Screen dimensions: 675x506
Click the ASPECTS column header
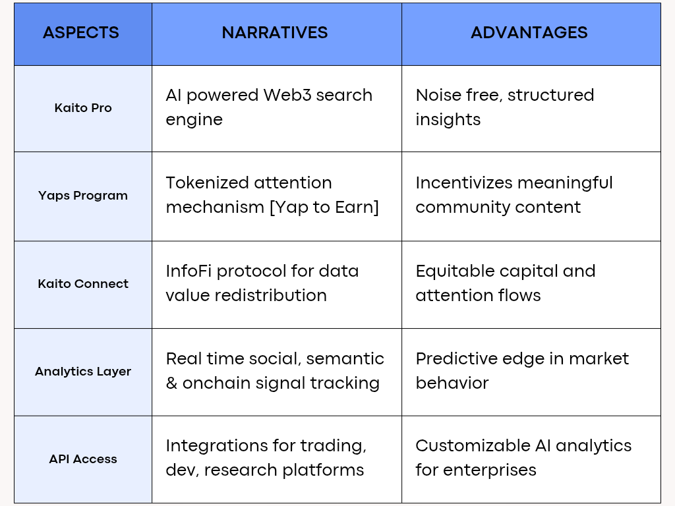click(81, 33)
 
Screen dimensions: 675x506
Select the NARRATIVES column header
click(275, 33)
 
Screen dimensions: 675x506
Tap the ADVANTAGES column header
click(529, 33)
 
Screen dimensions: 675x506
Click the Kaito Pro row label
click(83, 107)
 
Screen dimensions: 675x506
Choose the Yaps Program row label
click(83, 195)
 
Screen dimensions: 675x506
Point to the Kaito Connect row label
click(83, 283)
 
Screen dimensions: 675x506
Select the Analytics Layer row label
click(83, 372)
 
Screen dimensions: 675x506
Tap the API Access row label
click(83, 459)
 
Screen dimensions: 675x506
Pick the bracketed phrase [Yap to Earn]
click(324, 208)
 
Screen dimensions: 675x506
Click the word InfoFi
click(189, 271)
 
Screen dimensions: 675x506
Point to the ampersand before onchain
click(171, 383)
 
